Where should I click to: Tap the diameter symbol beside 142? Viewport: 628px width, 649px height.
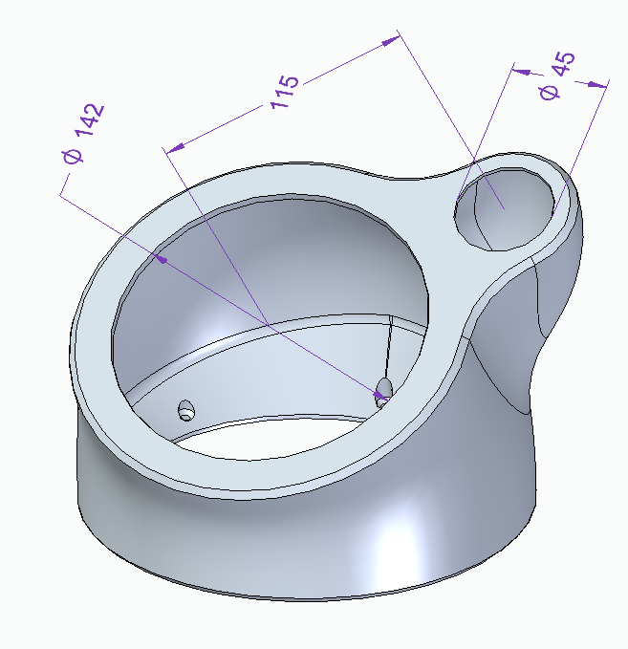coord(73,156)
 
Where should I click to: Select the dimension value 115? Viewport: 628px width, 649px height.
coord(285,92)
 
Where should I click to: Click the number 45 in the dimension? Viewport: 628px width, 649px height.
coord(564,64)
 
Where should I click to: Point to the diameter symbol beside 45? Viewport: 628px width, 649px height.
coord(550,92)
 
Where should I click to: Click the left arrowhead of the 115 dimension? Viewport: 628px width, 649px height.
coord(176,147)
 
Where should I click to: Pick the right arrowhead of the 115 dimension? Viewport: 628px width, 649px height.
coord(391,40)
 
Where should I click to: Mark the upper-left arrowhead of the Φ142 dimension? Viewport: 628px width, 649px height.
coord(160,259)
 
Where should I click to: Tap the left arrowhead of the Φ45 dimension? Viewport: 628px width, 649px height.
coord(522,72)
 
